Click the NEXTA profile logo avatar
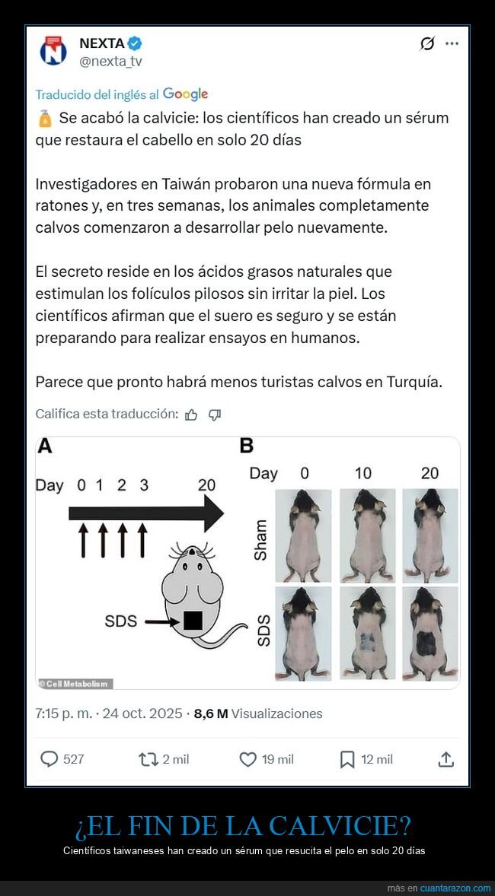click(x=53, y=51)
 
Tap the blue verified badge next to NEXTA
click(x=134, y=43)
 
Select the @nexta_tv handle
click(x=110, y=62)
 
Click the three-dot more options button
click(x=452, y=43)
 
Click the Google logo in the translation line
click(x=185, y=94)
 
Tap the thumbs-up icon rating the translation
click(x=191, y=415)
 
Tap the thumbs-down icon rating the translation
click(x=215, y=415)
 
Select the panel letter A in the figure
click(x=45, y=446)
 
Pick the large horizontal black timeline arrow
click(x=145, y=515)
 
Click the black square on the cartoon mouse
click(x=193, y=621)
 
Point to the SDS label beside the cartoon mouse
click(x=121, y=621)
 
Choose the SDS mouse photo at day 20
click(x=430, y=633)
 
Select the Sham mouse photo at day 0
click(x=303, y=536)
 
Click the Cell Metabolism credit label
click(x=75, y=683)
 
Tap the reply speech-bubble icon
click(x=49, y=758)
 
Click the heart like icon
click(x=247, y=758)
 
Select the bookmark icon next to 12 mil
click(x=347, y=758)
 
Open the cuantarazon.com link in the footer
click(x=455, y=888)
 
